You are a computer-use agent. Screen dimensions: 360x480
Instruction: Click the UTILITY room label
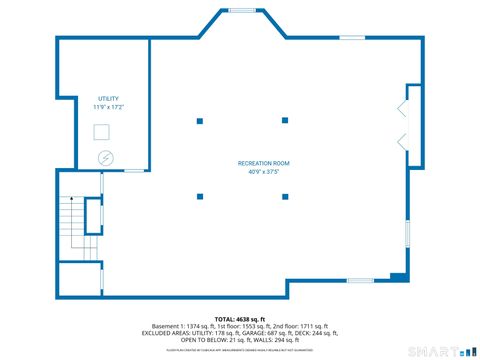[x=105, y=98]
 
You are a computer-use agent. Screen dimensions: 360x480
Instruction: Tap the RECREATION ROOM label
[x=257, y=163]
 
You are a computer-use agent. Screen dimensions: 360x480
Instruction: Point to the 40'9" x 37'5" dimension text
[x=257, y=172]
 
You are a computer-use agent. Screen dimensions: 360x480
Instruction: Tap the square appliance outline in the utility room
[x=103, y=132]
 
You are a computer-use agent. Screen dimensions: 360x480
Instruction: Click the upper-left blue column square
[x=200, y=121]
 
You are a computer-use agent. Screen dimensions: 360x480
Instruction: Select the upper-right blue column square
[x=286, y=121]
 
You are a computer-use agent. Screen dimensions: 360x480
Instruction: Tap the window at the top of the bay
[x=242, y=11]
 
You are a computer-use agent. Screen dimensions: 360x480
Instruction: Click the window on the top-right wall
[x=352, y=39]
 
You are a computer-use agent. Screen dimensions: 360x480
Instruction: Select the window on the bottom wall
[x=360, y=280]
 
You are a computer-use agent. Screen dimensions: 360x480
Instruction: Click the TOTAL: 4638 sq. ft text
[x=240, y=318]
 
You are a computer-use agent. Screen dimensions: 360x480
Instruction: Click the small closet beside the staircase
[x=94, y=215]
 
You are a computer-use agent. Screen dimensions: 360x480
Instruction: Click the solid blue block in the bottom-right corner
[x=398, y=276]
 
